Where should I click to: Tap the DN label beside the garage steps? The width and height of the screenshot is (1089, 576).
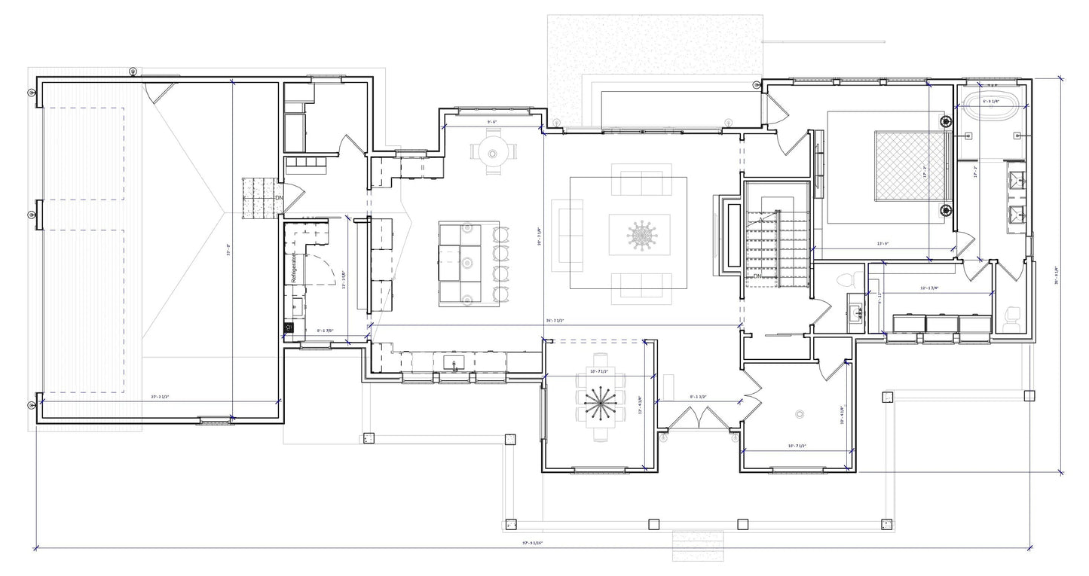tap(278, 198)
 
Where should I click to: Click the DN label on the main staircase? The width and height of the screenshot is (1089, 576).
tap(757, 277)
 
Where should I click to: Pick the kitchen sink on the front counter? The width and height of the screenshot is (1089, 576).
tap(454, 364)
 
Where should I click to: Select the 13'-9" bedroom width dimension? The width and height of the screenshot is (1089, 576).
tap(884, 244)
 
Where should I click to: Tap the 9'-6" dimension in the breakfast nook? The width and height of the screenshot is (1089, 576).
tap(492, 121)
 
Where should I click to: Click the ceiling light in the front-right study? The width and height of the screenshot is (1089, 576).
tap(800, 413)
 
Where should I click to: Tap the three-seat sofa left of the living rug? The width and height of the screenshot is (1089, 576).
tap(567, 235)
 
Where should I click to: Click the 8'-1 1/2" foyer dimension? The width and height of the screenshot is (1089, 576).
tap(697, 396)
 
